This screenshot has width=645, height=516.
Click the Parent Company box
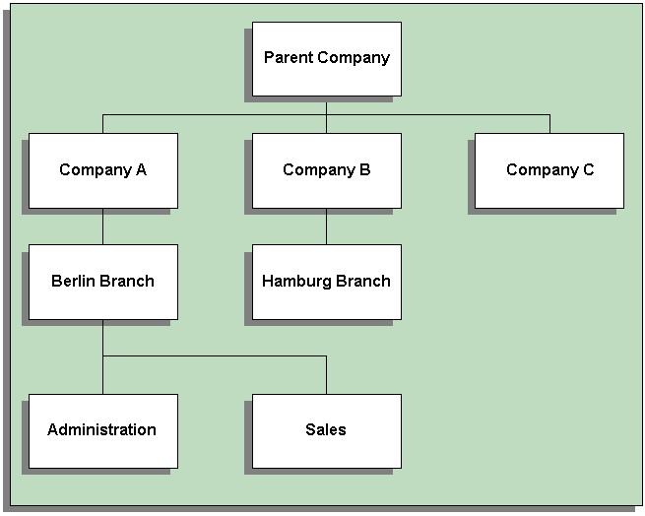click(x=326, y=59)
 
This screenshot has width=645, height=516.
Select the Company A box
click(x=102, y=170)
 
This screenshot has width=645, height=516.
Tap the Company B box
click(x=326, y=170)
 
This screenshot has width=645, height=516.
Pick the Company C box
click(x=548, y=170)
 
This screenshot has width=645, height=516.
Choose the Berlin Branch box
click(x=102, y=282)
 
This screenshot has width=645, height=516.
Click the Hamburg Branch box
click(x=326, y=282)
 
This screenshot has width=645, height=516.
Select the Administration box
click(x=102, y=430)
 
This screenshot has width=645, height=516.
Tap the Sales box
click(x=326, y=430)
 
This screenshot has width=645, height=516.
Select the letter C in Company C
click(x=588, y=169)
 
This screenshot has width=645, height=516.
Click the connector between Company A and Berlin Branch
click(x=102, y=226)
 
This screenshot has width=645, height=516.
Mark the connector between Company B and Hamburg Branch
click(x=326, y=226)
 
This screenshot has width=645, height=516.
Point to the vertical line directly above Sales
click(x=326, y=375)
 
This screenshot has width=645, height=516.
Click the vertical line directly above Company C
click(x=549, y=124)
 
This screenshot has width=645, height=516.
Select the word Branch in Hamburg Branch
click(x=365, y=281)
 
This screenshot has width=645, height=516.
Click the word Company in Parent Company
click(x=353, y=57)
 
